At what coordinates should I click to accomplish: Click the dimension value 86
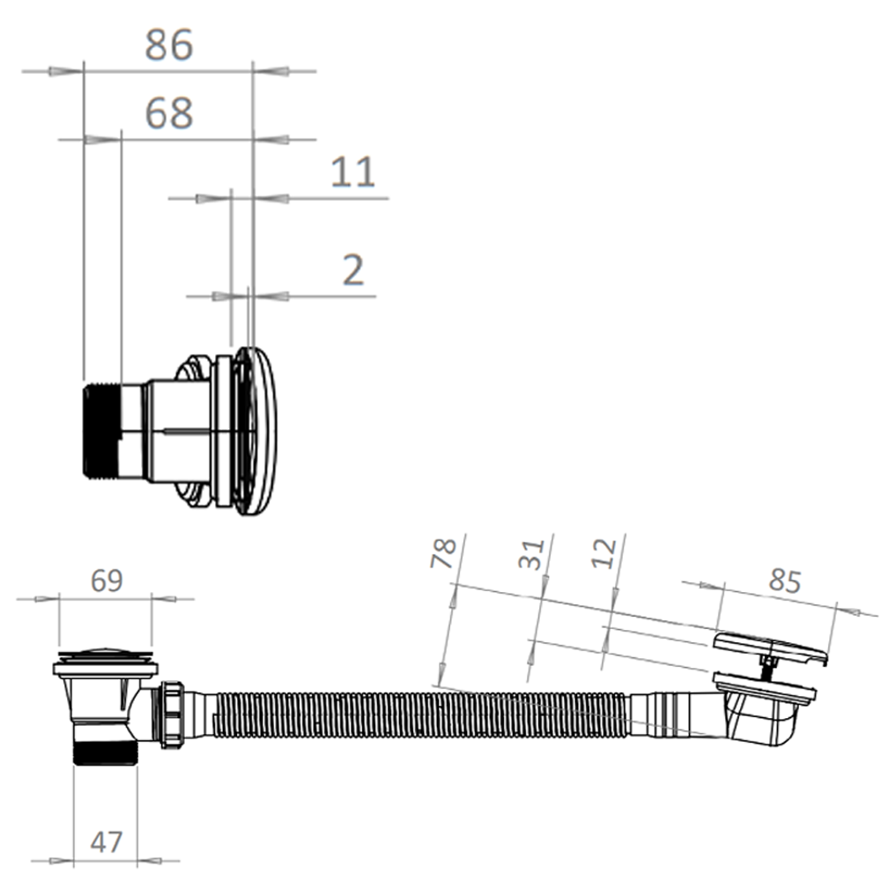click(169, 45)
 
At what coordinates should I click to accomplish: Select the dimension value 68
click(169, 114)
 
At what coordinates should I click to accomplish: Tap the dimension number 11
click(352, 172)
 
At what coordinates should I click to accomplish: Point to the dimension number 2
click(353, 270)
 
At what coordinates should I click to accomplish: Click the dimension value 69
click(107, 581)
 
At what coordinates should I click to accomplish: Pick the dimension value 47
click(107, 841)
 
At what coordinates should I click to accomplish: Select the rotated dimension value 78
click(443, 553)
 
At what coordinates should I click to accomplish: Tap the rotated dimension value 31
click(531, 554)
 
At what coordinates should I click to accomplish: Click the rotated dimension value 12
click(604, 553)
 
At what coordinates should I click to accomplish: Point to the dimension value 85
click(784, 581)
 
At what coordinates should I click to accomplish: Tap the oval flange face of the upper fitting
click(255, 431)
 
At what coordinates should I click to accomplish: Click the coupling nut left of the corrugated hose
click(173, 714)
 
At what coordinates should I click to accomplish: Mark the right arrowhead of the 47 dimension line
click(150, 860)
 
